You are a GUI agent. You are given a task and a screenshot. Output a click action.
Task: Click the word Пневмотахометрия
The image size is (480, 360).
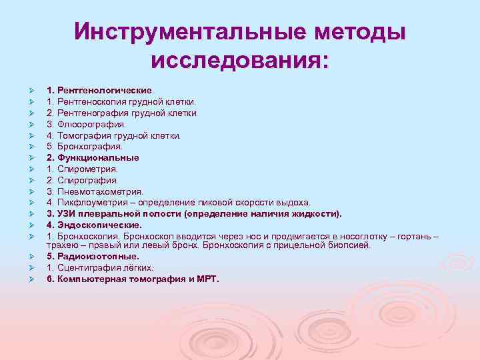(99, 191)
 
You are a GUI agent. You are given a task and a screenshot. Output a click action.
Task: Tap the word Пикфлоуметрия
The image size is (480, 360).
(91, 203)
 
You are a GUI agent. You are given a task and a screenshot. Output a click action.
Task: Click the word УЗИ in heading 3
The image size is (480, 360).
(67, 214)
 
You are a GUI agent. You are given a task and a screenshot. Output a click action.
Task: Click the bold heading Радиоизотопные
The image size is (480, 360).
(97, 257)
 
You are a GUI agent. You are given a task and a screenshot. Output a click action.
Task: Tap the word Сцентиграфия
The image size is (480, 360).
(87, 268)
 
